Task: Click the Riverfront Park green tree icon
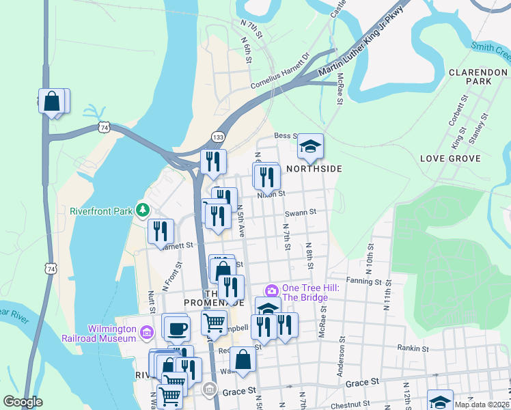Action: pos(143,209)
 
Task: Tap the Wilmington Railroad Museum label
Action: pos(113,333)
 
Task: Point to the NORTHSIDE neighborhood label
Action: pos(314,168)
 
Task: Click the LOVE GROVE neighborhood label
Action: pos(450,159)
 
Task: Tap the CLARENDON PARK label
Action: pos(469,76)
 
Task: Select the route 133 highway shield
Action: pos(218,137)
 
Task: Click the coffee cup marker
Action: pos(176,327)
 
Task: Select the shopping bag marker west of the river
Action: pos(52,102)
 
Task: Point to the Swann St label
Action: pos(301,213)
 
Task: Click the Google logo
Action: pos(23,402)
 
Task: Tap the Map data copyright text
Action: pos(481,405)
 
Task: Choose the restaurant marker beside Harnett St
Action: pos(161,231)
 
